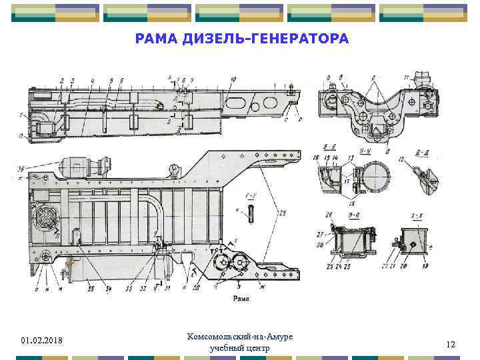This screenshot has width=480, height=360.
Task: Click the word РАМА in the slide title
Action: click(154, 39)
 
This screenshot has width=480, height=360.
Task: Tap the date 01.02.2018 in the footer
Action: click(41, 341)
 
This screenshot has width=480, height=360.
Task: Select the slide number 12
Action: click(451, 344)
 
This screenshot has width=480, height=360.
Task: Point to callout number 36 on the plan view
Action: click(22, 167)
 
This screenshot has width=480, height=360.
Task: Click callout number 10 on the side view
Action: click(233, 80)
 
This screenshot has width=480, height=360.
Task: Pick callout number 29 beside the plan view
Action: click(282, 212)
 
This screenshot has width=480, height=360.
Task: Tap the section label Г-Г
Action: click(253, 195)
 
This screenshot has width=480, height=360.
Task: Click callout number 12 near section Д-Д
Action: click(403, 159)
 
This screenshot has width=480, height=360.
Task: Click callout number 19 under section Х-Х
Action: click(425, 266)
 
